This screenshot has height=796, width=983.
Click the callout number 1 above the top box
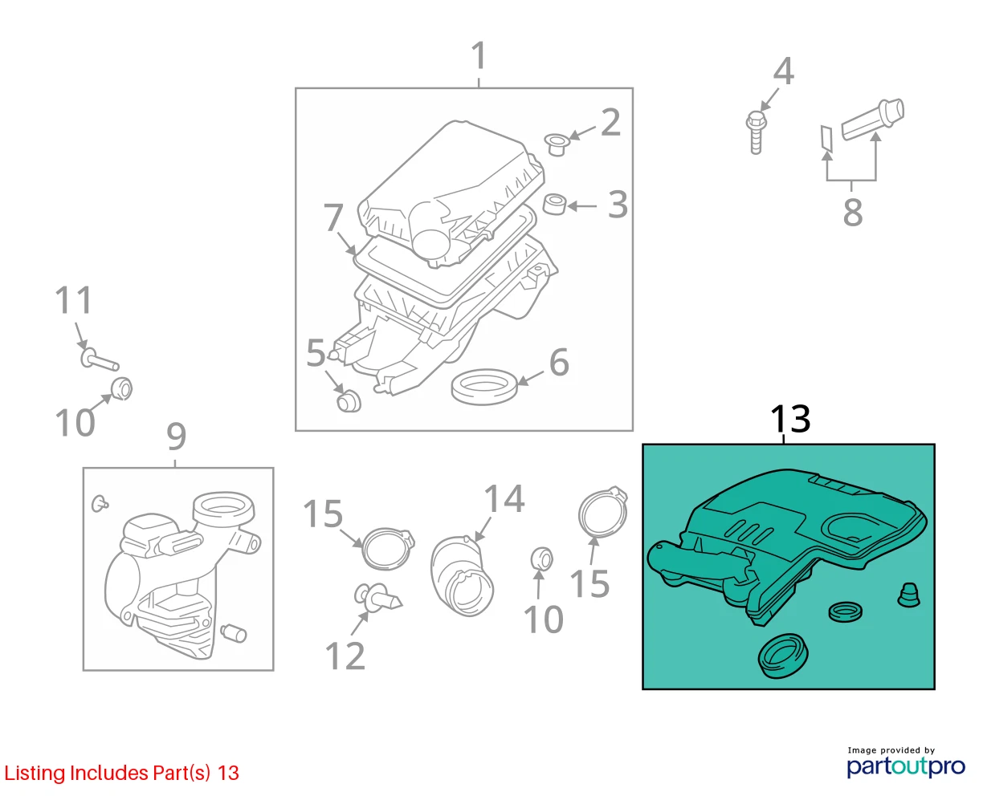click(479, 55)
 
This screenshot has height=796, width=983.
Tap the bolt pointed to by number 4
click(756, 132)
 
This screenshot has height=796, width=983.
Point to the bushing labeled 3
click(554, 205)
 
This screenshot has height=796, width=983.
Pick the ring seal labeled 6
click(483, 387)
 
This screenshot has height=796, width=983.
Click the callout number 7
click(333, 217)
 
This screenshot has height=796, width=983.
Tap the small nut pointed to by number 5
click(349, 401)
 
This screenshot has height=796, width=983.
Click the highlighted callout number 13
click(790, 419)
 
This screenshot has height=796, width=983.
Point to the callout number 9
click(177, 436)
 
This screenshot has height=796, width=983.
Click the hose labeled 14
click(462, 575)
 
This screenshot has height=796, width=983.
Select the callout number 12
click(345, 656)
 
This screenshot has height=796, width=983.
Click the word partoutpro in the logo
click(906, 767)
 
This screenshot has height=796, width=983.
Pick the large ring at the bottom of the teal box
click(783, 656)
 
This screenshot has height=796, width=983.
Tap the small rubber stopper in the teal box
click(908, 595)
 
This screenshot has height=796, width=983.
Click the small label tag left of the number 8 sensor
click(827, 138)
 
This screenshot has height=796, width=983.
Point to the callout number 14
click(504, 499)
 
